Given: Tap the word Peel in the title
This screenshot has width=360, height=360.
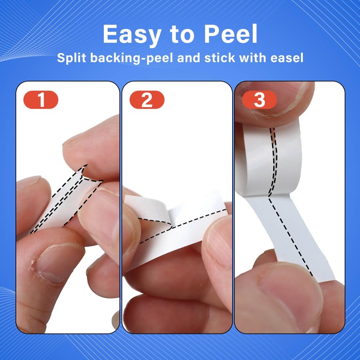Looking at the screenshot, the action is (x=230, y=34).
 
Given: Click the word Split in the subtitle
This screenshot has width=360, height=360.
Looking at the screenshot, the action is (x=72, y=58).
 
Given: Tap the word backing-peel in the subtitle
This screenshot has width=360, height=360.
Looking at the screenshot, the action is (x=131, y=58).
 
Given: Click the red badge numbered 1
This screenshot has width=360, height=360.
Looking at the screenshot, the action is (x=41, y=99).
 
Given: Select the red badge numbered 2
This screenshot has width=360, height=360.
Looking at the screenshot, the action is (x=147, y=99).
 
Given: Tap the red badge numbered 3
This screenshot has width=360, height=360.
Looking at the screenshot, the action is (x=260, y=99).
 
